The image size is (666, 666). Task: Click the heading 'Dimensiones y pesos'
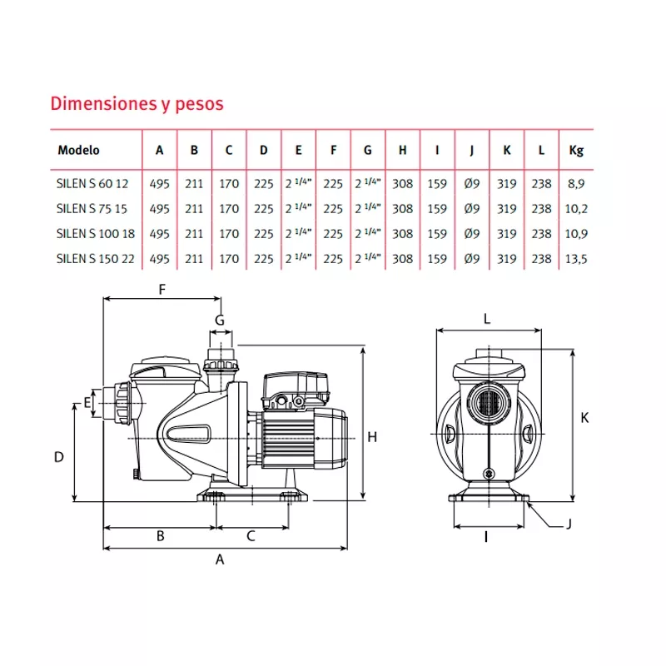click(x=137, y=104)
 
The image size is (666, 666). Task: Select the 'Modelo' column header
click(x=79, y=151)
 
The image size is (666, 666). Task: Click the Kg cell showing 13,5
click(x=576, y=259)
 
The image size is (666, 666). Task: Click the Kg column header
click(x=576, y=151)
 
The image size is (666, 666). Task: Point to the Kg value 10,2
click(x=576, y=208)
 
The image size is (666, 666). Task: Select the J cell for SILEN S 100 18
click(x=471, y=234)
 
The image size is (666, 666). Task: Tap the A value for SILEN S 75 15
click(x=159, y=208)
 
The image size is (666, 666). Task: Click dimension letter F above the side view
click(x=163, y=290)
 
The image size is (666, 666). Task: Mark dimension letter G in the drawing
click(x=220, y=320)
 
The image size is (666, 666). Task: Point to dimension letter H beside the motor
click(x=373, y=436)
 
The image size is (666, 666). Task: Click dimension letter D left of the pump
click(x=59, y=456)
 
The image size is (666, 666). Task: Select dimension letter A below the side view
click(x=220, y=559)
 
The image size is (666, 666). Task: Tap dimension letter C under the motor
click(x=251, y=537)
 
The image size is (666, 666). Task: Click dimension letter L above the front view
click(x=488, y=318)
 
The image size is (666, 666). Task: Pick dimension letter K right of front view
click(x=584, y=418)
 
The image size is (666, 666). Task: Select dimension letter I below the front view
click(x=485, y=537)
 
